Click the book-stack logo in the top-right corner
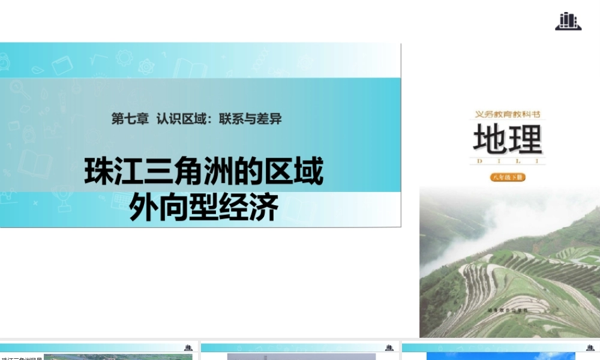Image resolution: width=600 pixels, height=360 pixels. click(568, 21)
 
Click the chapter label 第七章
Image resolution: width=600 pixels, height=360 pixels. click(130, 119)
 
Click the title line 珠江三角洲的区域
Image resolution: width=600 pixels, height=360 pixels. click(203, 172)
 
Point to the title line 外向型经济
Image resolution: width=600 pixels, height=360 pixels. click(203, 208)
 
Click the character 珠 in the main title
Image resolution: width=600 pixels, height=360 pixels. click(99, 172)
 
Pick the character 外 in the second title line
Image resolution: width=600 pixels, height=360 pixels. click(144, 208)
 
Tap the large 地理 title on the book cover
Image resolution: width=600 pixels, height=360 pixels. click(508, 140)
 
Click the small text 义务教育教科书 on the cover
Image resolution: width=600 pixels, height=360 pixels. click(508, 114)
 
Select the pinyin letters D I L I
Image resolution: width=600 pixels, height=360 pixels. click(508, 161)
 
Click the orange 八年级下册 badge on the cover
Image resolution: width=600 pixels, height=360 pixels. click(508, 177)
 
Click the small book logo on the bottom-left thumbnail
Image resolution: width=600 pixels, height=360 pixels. click(188, 347)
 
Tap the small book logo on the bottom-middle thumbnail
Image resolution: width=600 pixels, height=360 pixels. click(389, 347)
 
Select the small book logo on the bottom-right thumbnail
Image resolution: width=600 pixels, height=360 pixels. click(590, 347)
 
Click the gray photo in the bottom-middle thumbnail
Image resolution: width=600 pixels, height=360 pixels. click(301, 356)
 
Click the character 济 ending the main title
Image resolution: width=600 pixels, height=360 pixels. click(263, 208)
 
